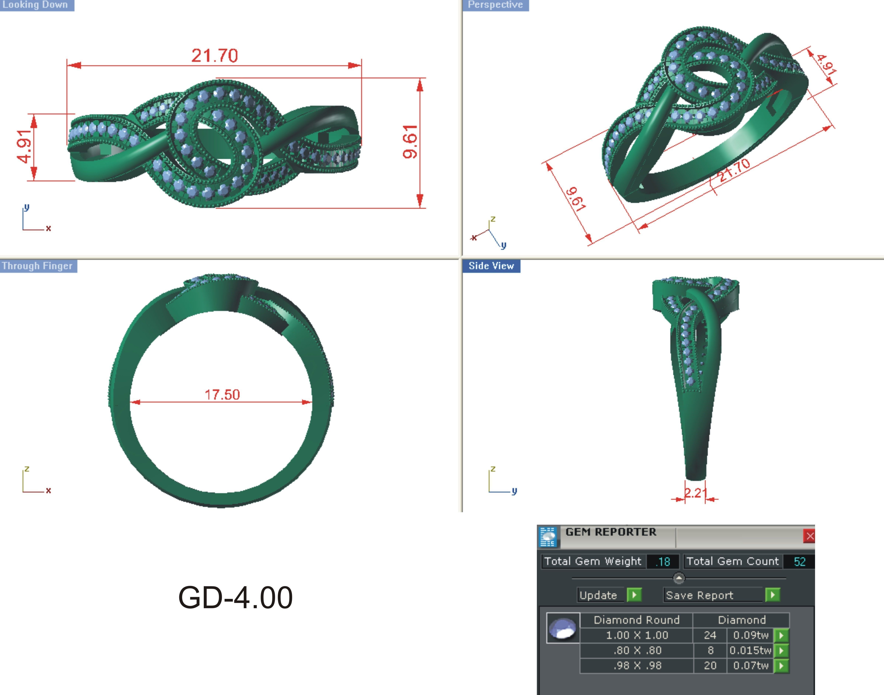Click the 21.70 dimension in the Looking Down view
coord(214,56)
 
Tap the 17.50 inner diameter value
coord(222,394)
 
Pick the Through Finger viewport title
coord(37,266)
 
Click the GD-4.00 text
coord(235,597)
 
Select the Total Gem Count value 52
coord(799,562)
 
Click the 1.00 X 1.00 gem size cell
coord(637,635)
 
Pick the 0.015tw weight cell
coord(750,650)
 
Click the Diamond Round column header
coord(637,620)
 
